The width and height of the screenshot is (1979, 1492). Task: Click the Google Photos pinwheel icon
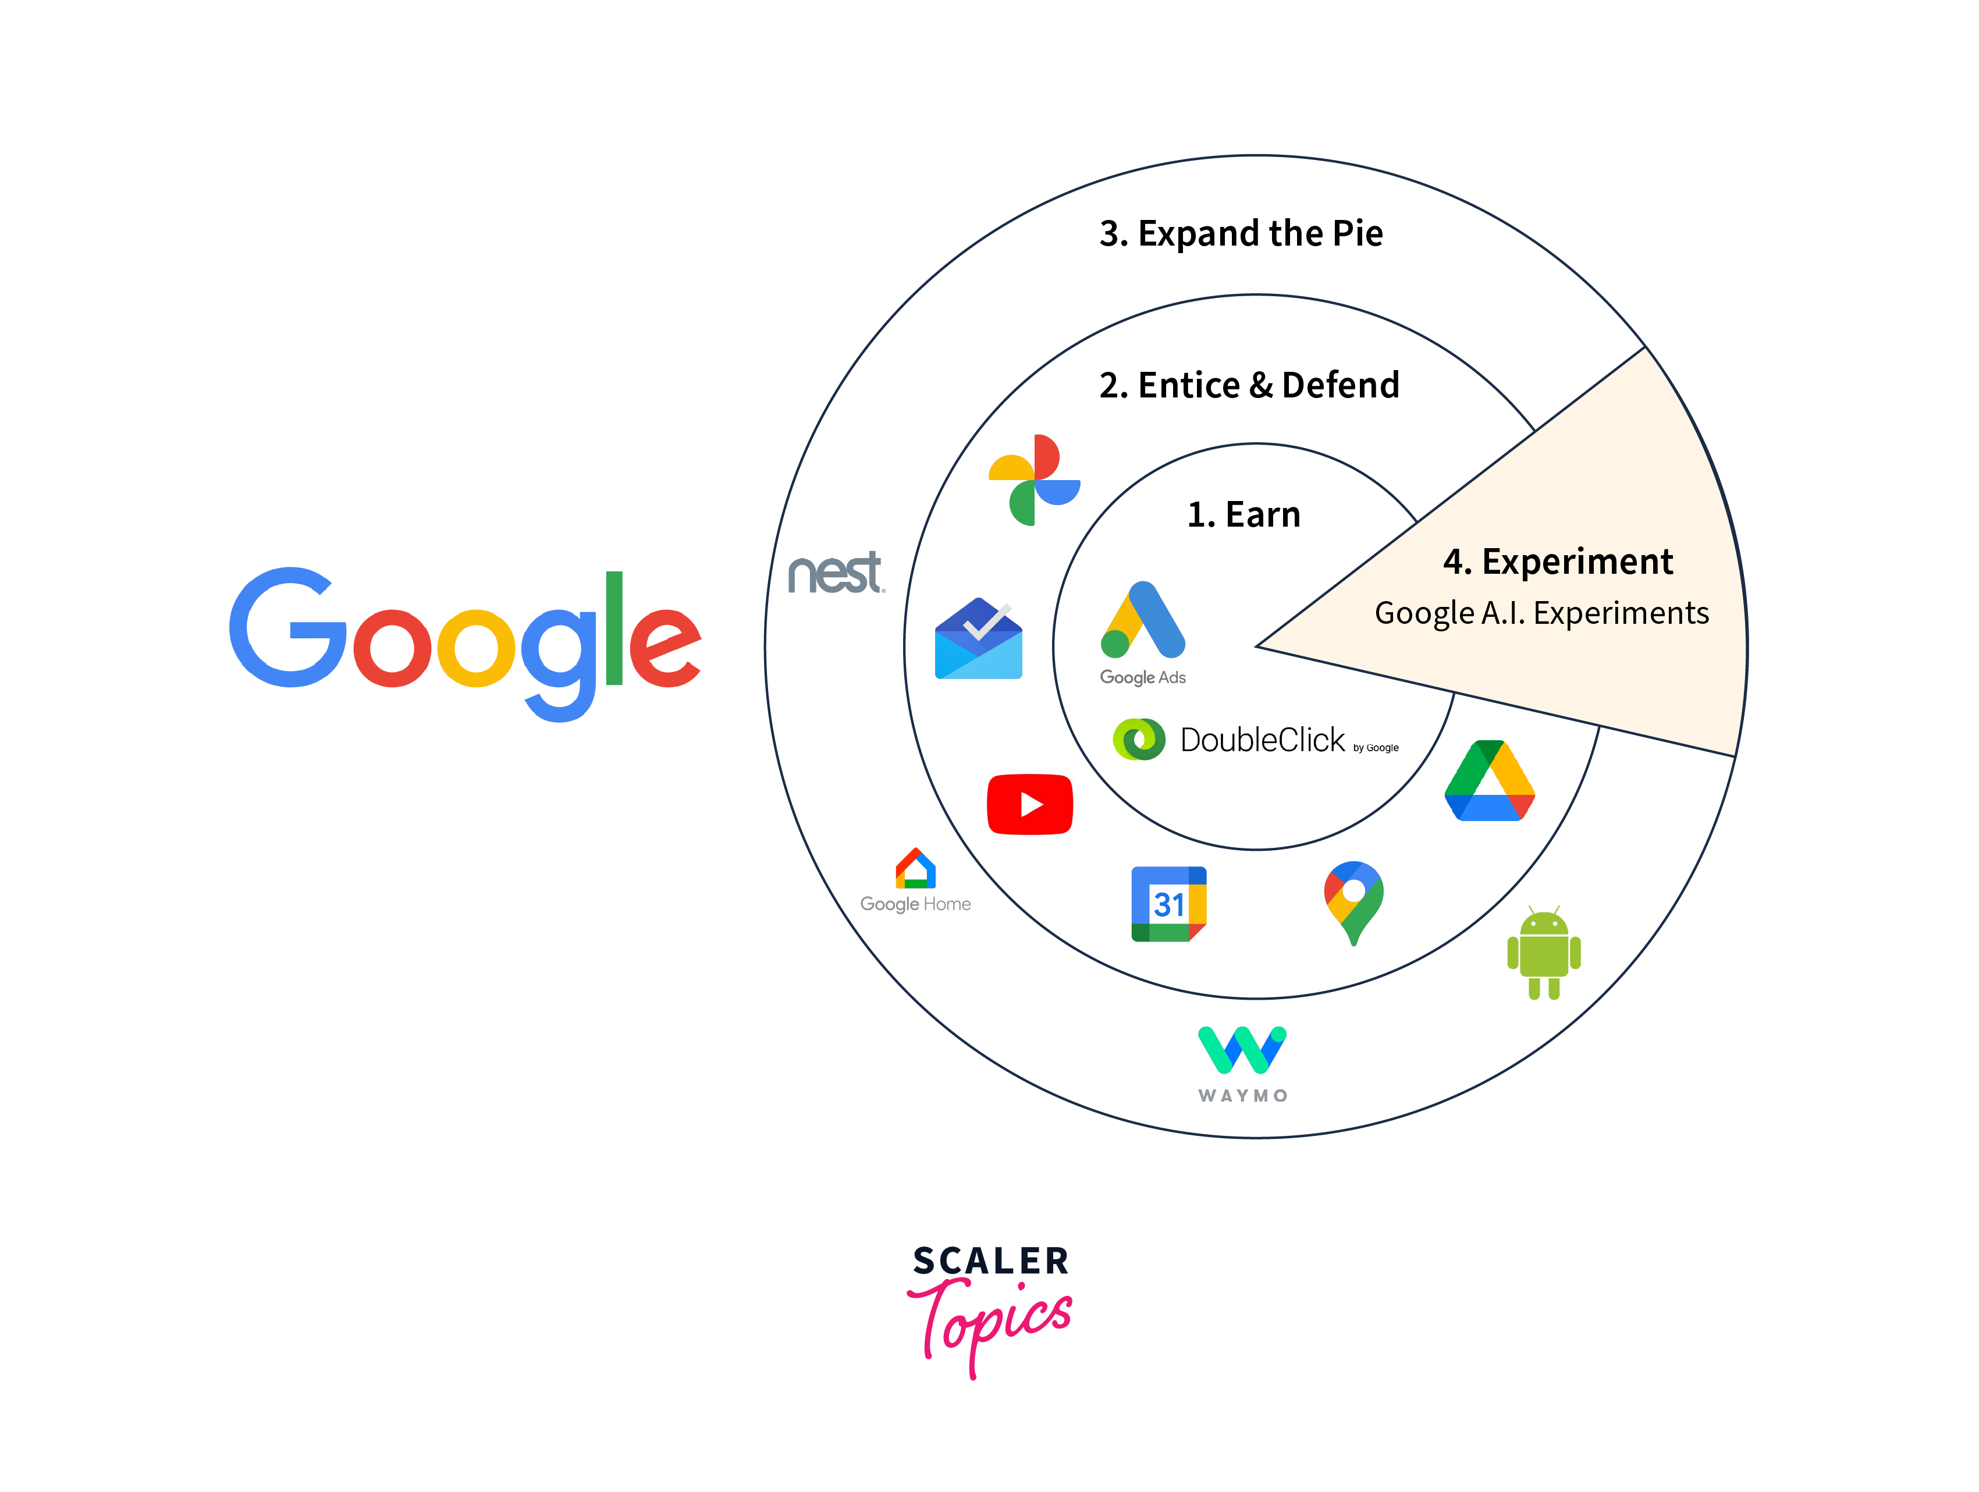click(x=1034, y=480)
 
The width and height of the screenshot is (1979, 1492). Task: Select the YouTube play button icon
click(x=1030, y=804)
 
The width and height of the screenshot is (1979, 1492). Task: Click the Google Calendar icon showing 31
click(x=1168, y=904)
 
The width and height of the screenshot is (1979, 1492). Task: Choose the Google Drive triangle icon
click(x=1490, y=781)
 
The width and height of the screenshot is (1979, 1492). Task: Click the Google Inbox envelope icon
click(x=979, y=639)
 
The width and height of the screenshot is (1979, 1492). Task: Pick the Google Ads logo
click(x=1142, y=621)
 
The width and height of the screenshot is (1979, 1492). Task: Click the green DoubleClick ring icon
click(x=1139, y=740)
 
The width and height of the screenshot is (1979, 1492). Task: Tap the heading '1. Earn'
click(x=1243, y=514)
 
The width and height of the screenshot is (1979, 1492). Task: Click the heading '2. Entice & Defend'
click(x=1249, y=386)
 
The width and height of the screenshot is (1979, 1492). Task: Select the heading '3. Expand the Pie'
click(x=1241, y=233)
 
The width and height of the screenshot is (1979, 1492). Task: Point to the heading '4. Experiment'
click(x=1558, y=562)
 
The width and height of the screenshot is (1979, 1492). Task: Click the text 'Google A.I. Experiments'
click(x=1541, y=613)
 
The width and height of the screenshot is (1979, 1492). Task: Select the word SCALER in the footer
click(x=990, y=1261)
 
